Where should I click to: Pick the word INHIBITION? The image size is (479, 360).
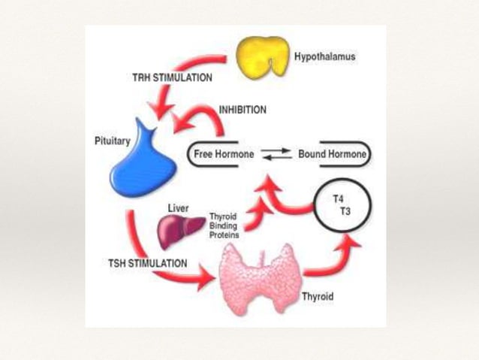click(x=242, y=110)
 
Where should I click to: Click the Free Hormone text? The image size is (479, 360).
click(x=224, y=155)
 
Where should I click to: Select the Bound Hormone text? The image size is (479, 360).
click(x=333, y=155)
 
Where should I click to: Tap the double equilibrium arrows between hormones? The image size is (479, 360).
click(x=277, y=155)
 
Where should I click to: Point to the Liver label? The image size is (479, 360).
click(x=177, y=209)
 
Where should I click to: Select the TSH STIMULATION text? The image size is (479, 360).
click(x=146, y=263)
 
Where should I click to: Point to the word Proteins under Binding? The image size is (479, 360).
click(x=224, y=234)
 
